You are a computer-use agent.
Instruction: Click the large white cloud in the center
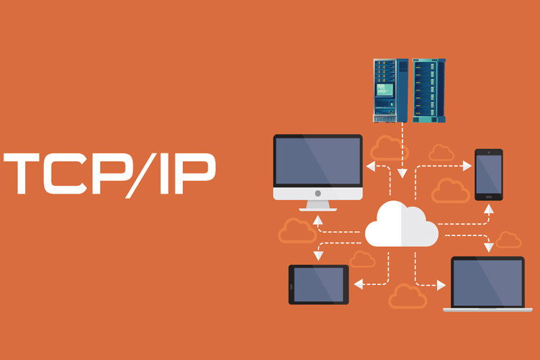[402, 224]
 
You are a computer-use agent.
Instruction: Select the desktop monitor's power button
[318, 194]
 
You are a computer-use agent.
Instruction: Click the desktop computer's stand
[318, 206]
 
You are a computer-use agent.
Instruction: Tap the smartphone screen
[489, 174]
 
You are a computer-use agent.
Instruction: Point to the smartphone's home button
[489, 197]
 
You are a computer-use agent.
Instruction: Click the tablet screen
[318, 284]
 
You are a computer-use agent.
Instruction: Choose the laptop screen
[487, 283]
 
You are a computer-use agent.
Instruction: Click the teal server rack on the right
[429, 91]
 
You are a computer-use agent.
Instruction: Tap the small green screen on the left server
[384, 89]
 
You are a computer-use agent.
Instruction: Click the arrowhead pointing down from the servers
[402, 174]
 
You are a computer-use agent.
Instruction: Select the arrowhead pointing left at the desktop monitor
[371, 166]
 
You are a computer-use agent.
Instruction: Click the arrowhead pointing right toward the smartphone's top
[467, 166]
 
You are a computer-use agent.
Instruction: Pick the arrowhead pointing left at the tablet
[359, 284]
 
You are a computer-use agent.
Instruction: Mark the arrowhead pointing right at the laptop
[441, 285]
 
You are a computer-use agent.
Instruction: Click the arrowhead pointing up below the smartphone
[489, 209]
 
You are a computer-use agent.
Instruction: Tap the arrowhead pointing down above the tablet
[318, 256]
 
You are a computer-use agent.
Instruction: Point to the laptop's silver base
[487, 310]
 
